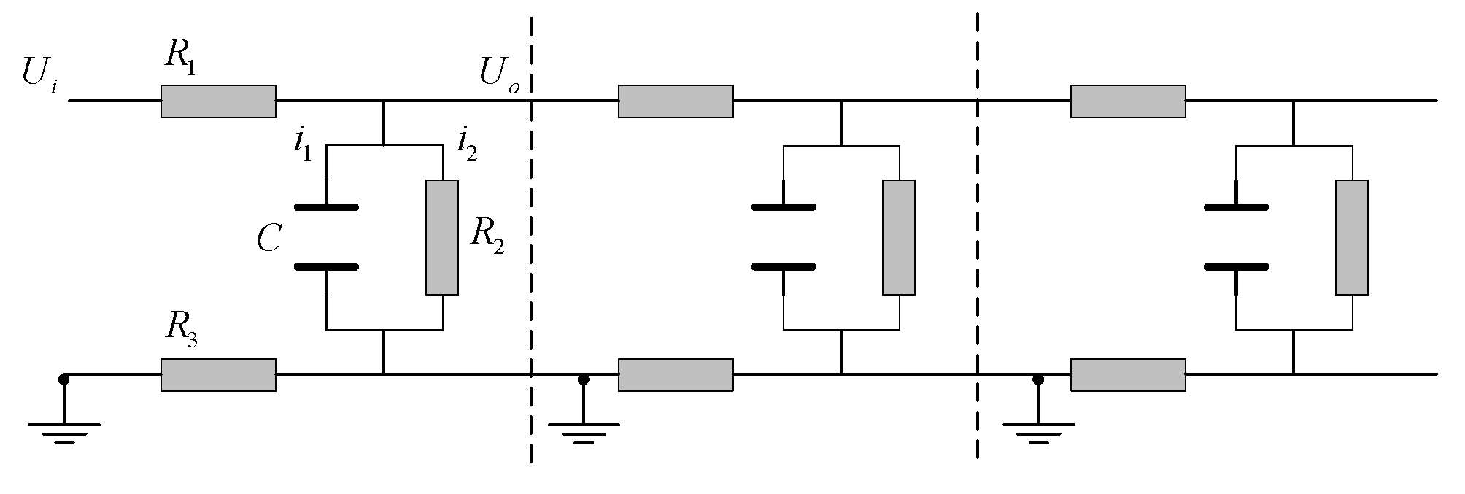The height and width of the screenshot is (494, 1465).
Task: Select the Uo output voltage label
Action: point(499,74)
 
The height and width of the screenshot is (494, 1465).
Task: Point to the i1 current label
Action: point(302,141)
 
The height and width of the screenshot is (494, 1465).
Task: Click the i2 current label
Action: point(467,141)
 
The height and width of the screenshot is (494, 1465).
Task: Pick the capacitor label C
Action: point(269,239)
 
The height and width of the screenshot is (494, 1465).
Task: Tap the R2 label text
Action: point(487,236)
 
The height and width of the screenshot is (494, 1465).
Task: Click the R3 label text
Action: point(181,331)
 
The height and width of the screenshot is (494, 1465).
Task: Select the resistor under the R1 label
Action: point(218,101)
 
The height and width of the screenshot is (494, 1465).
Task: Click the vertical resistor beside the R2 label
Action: point(442,237)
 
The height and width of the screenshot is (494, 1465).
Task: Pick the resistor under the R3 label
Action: point(218,374)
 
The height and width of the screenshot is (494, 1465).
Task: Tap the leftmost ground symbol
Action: point(64,431)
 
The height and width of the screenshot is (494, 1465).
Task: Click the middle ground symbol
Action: point(583,431)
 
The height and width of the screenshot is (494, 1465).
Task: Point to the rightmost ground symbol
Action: point(1037,431)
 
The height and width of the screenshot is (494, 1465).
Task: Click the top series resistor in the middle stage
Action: point(676,101)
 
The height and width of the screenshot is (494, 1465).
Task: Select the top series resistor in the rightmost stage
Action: point(1128,101)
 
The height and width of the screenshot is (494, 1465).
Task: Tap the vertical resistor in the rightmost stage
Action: point(1351,237)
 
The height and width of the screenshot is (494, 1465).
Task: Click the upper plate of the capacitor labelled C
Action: point(326,207)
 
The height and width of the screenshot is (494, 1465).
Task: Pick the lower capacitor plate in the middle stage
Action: point(783,267)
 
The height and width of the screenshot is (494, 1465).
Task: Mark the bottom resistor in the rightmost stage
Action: point(1128,374)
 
